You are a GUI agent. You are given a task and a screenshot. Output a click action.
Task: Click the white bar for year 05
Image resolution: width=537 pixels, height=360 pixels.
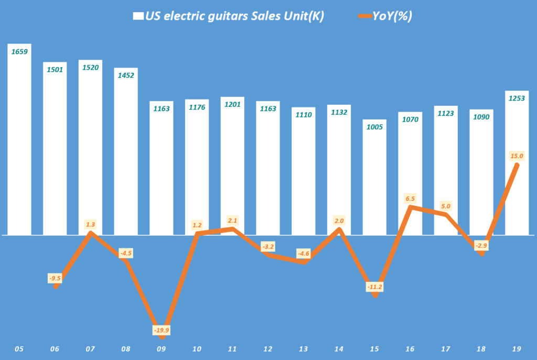19,141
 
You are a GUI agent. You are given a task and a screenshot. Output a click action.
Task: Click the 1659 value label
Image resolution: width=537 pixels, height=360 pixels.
19,51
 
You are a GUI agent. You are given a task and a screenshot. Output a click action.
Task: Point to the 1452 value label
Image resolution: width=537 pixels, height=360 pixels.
126,75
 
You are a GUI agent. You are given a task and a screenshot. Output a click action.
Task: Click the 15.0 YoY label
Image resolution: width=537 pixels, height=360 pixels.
517,156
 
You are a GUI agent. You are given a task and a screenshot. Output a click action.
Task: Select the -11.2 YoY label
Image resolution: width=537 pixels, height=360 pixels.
374,287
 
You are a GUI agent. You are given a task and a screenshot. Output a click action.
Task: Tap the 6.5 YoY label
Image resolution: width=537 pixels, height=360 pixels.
410,198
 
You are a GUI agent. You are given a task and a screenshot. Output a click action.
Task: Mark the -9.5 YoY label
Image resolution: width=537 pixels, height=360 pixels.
55,278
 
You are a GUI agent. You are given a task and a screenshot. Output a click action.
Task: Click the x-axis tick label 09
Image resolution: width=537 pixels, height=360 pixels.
162,348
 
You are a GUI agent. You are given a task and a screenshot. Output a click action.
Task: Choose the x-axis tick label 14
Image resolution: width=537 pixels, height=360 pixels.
339,348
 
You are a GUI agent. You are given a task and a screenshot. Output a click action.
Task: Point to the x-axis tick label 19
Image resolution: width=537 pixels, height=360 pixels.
517,348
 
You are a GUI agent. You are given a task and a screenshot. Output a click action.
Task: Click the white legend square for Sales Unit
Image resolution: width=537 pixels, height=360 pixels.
138,16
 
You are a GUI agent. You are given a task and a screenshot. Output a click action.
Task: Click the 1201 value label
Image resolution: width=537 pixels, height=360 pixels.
232,104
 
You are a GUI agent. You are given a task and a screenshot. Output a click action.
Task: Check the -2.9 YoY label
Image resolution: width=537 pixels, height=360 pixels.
481,244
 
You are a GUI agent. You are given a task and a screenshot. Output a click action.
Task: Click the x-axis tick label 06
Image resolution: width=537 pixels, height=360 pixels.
55,348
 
